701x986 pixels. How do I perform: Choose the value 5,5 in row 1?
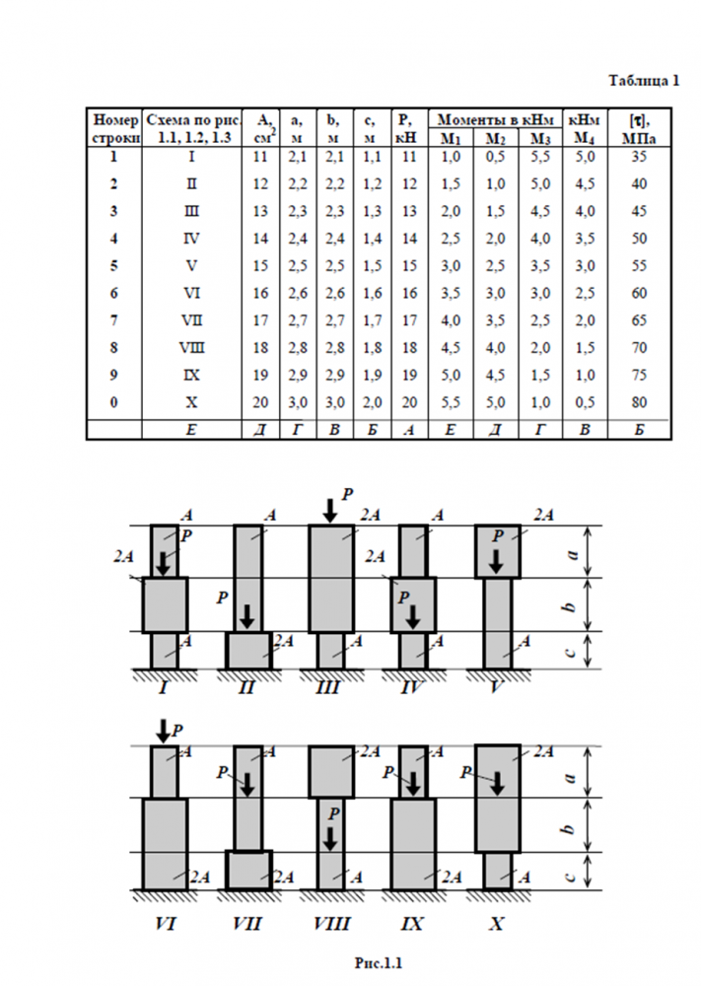[x=537, y=157]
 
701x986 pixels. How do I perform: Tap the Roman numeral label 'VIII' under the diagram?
[x=330, y=924]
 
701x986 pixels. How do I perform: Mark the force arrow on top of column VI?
[x=162, y=731]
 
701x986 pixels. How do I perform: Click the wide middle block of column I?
[x=165, y=604]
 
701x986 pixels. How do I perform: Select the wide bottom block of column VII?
[x=247, y=871]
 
